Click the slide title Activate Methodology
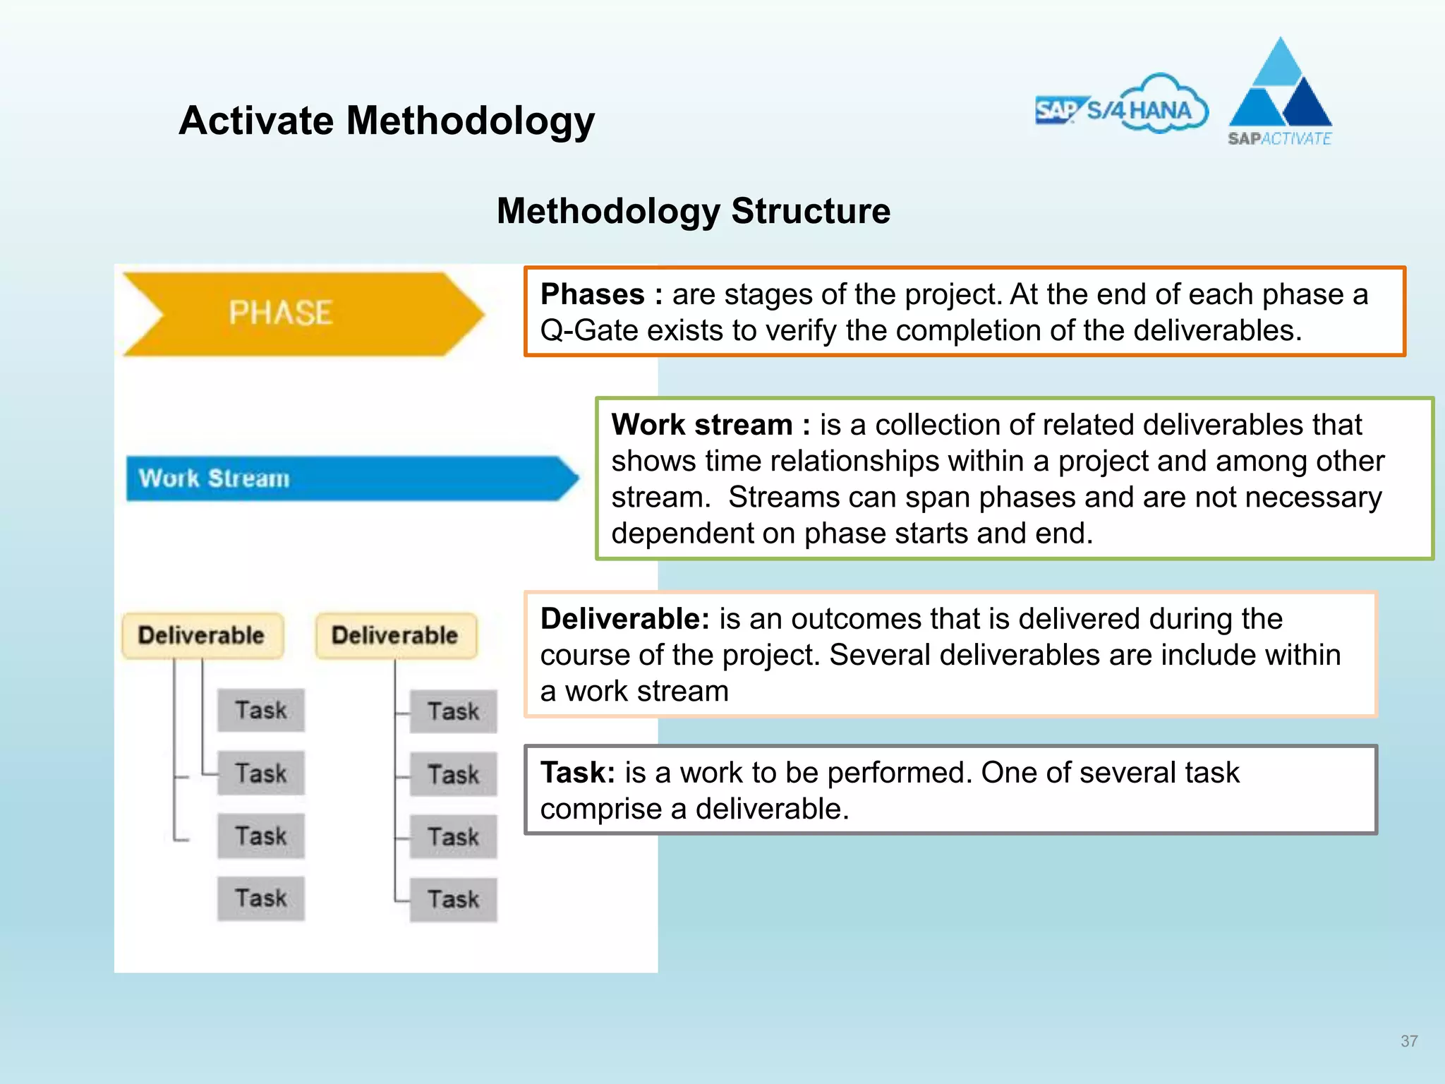point(387,121)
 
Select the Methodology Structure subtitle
point(693,211)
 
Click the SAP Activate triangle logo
point(1280,92)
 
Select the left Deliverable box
point(202,635)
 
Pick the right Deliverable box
point(395,635)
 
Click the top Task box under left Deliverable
point(260,710)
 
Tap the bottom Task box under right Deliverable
point(453,899)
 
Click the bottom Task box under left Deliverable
point(260,898)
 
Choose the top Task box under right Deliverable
point(453,711)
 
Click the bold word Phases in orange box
point(592,294)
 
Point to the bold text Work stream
point(701,425)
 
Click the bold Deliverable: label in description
point(624,619)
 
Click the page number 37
point(1408,1041)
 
